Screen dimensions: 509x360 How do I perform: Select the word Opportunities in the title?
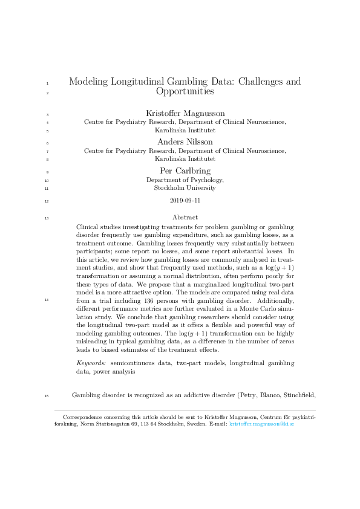click(185, 92)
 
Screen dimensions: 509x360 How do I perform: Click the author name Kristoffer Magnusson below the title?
click(185, 113)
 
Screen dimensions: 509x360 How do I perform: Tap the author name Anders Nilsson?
click(185, 141)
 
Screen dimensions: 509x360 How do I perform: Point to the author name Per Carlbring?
click(185, 170)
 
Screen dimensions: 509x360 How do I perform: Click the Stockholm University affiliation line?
click(185, 188)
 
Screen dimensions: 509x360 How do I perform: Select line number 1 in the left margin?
click(47, 82)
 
